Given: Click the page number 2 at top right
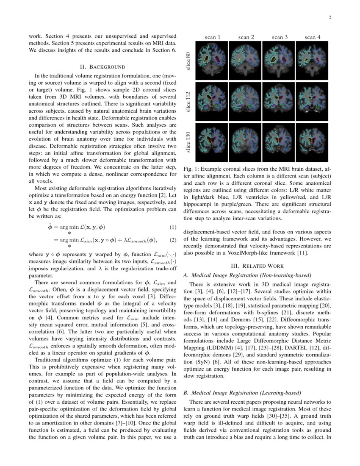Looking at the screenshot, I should [x=329, y=17].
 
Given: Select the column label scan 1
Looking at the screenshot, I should [x=212, y=37].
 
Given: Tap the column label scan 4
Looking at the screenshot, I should [x=313, y=37].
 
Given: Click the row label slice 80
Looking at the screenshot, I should [x=188, y=61].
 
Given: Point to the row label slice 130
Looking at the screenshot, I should [x=188, y=142].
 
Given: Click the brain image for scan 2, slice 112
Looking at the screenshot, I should [x=246, y=102].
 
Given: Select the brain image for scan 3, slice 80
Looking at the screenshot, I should [x=279, y=61].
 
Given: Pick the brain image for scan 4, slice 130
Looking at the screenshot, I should [x=313, y=142].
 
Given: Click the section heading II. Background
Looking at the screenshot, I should [x=102, y=67].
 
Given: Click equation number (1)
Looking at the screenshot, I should [x=172, y=227].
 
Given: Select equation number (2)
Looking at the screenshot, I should [x=172, y=240].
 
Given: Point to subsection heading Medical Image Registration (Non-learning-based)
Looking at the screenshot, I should [x=250, y=275].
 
